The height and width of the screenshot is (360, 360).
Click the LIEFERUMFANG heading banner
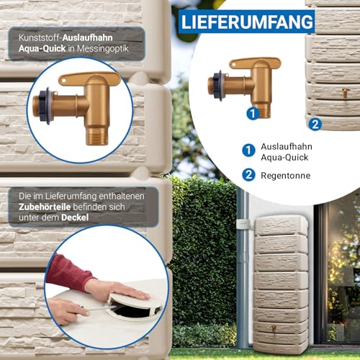coord(247,22)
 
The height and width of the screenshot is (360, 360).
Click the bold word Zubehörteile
coord(45,207)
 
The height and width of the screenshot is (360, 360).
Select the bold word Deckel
coord(75,217)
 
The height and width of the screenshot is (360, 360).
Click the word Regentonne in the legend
coord(286,176)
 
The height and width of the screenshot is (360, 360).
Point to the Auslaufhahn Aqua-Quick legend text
coord(287,152)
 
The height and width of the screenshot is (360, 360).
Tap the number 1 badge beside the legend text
coord(248,150)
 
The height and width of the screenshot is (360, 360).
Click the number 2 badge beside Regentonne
coord(248,175)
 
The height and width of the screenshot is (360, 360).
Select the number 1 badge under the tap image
coord(253,113)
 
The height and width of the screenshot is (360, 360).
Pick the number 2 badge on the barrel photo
coord(315,125)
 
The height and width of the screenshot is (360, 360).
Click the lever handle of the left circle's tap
coord(89,78)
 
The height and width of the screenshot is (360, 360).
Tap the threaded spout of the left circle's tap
coord(96,136)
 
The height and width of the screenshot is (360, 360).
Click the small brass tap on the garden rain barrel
coord(274,328)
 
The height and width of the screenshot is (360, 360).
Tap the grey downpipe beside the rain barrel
coord(243,266)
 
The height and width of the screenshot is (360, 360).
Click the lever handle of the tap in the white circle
coord(255,63)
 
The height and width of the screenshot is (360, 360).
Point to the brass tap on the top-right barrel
coord(345,93)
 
